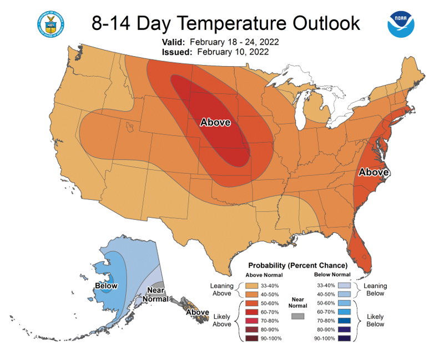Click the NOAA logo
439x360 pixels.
point(401,24)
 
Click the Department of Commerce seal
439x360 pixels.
point(51,24)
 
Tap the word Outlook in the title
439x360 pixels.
point(326,23)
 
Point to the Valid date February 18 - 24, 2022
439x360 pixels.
point(234,42)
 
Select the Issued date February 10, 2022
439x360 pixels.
point(233,52)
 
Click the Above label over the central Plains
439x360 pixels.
point(215,122)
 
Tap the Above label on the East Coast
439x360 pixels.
point(374,172)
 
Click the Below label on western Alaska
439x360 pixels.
point(106,286)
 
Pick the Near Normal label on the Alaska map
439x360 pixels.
point(155,294)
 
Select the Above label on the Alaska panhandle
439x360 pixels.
point(198,312)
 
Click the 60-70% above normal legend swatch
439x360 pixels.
point(252,312)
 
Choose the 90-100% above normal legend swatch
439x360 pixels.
point(252,338)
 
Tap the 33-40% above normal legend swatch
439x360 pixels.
point(252,286)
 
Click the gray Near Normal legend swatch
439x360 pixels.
point(297,316)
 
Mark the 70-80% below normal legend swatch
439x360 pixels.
point(344,321)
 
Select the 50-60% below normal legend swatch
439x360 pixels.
point(344,303)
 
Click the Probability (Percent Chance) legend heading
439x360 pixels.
point(298,266)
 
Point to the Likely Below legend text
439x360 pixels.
point(375,320)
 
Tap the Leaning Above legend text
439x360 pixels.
point(222,289)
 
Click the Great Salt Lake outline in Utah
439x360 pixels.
point(129,127)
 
